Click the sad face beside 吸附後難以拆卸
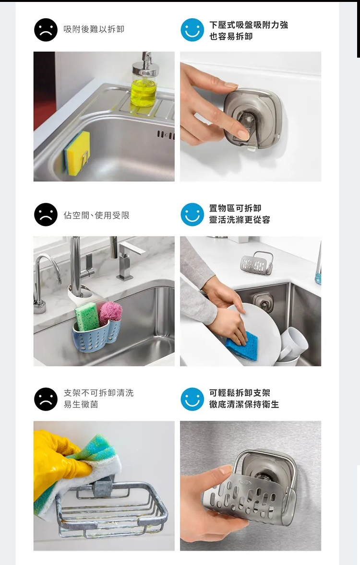coord(46,30)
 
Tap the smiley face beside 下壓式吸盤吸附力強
coord(192,30)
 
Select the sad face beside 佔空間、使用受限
coord(46,214)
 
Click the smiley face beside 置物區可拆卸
coord(192,214)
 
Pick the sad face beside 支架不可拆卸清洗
coord(46,399)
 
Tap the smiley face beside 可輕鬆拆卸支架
coord(192,399)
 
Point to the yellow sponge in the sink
coord(77,153)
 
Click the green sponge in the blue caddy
coord(86,317)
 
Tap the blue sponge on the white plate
coord(242,345)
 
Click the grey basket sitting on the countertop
coord(256,262)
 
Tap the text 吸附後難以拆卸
coord(94,29)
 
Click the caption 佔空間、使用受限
coord(96,215)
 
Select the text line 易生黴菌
coord(81,404)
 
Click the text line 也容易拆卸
coord(231,36)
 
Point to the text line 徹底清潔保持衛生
coord(244,404)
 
